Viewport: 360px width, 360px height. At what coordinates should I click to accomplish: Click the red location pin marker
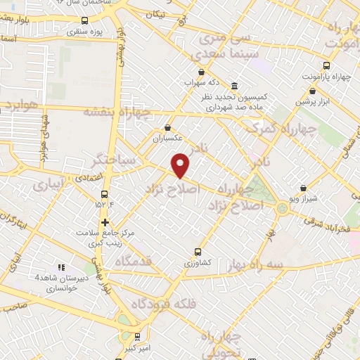pos(181,165)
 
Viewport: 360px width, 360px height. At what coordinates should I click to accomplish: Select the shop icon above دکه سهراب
pos(202,72)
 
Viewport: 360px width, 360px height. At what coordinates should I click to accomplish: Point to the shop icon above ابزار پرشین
pos(312,91)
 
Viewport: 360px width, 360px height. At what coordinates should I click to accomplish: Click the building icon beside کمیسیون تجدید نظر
pos(233,84)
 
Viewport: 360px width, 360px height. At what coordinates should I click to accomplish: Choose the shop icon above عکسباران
pos(167,128)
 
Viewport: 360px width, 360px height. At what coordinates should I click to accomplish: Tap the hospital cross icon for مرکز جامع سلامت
pos(104,223)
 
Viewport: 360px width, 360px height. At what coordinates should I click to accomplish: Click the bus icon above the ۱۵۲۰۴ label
pos(104,193)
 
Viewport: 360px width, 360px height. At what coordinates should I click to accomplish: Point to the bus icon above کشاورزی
pos(198,250)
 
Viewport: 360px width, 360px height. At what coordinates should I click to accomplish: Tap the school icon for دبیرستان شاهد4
pos(61,267)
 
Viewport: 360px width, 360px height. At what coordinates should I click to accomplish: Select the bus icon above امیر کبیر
pos(137,336)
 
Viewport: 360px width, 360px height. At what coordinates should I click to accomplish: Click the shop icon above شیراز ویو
pos(303,188)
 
